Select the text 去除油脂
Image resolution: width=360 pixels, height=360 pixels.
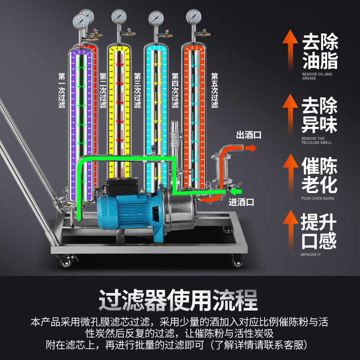click(320, 52)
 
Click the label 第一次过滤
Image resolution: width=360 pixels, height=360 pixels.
click(62, 90)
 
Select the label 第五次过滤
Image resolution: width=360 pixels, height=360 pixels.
click(215, 90)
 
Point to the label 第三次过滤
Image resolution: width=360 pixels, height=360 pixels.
click(137, 90)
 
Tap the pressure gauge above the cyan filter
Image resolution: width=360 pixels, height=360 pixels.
click(156, 18)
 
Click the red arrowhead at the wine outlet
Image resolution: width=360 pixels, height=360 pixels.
click(253, 147)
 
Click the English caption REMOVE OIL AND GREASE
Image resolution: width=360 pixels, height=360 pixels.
click(317, 76)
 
